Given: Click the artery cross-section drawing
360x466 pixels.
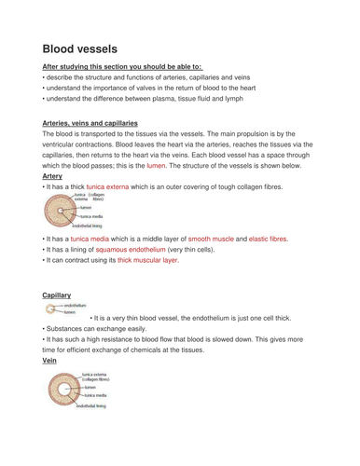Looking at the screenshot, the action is tap(62, 213).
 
